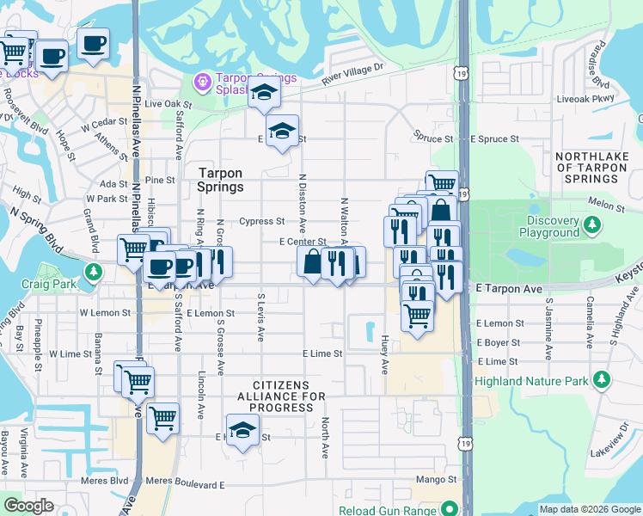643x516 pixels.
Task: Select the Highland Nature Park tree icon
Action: click(x=603, y=380)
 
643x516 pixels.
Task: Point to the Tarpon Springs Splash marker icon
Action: click(x=202, y=83)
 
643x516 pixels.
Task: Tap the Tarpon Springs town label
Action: click(x=221, y=180)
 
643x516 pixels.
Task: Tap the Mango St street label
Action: click(x=438, y=479)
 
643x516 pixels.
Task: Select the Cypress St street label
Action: click(x=261, y=221)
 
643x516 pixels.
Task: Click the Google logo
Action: click(x=28, y=506)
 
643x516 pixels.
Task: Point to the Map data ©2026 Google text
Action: click(x=589, y=509)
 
